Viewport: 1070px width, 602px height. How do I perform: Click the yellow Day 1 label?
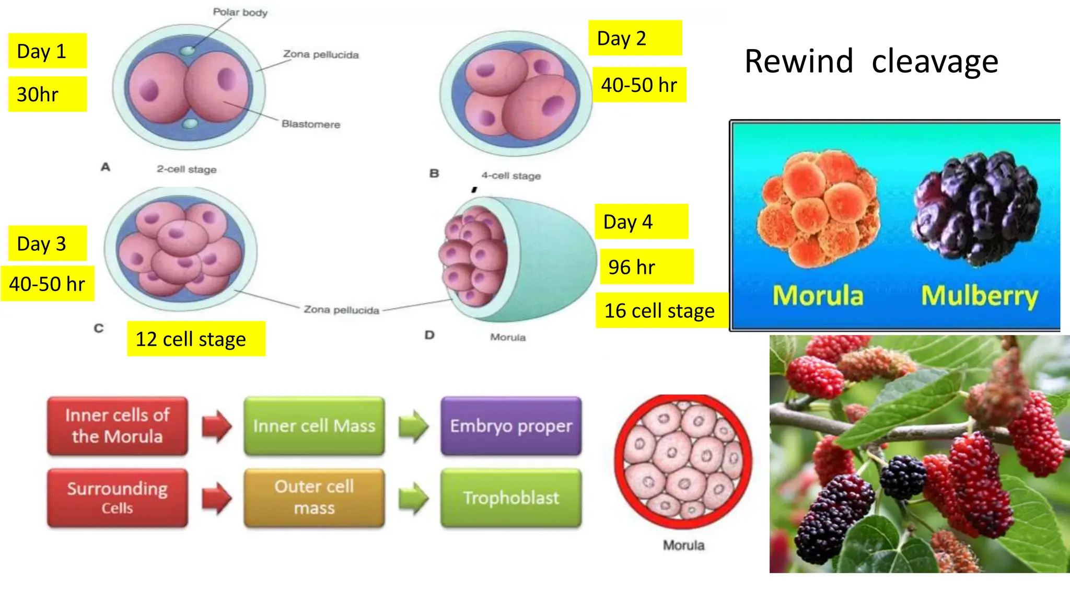coord(47,51)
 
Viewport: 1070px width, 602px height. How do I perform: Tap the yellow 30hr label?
coord(47,95)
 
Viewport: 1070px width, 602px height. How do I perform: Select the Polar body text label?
coord(240,12)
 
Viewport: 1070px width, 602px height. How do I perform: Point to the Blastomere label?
coord(310,124)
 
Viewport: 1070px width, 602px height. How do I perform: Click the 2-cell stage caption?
coord(187,169)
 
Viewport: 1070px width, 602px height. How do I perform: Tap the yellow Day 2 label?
coord(634,38)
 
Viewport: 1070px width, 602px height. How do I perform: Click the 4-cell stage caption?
coord(511,176)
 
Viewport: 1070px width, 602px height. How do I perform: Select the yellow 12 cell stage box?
coord(196,339)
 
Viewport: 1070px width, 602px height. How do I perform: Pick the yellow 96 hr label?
coord(646,267)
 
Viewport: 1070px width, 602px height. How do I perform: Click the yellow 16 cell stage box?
coord(661,310)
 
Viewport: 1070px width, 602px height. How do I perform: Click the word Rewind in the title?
coord(798,61)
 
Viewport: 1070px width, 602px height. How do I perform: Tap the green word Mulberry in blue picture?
coord(979,296)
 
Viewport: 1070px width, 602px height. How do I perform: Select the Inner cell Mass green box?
coord(314,426)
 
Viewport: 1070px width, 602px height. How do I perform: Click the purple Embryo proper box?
coord(511,426)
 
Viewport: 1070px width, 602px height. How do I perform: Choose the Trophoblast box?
coord(511,498)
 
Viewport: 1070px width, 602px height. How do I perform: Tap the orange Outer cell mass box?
coord(314,497)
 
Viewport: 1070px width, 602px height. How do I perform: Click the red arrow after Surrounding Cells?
coord(216,498)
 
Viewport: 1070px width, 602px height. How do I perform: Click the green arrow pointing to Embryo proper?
coord(413,426)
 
